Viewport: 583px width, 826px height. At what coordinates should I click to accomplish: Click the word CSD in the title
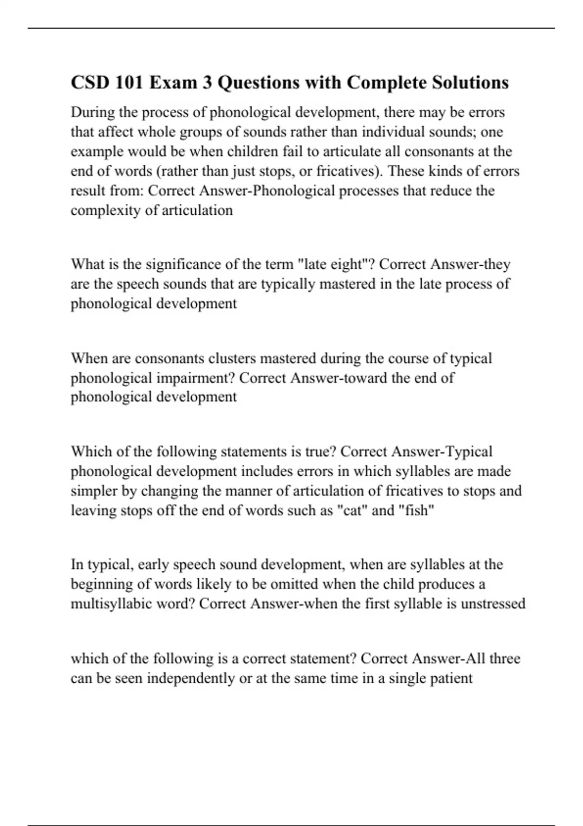[x=89, y=83]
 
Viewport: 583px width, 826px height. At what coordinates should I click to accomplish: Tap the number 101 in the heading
[x=129, y=83]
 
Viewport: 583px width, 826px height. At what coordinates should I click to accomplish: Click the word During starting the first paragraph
[x=92, y=112]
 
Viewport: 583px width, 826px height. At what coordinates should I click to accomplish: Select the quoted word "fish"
[x=416, y=511]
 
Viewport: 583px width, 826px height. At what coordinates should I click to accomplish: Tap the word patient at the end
[x=452, y=678]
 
